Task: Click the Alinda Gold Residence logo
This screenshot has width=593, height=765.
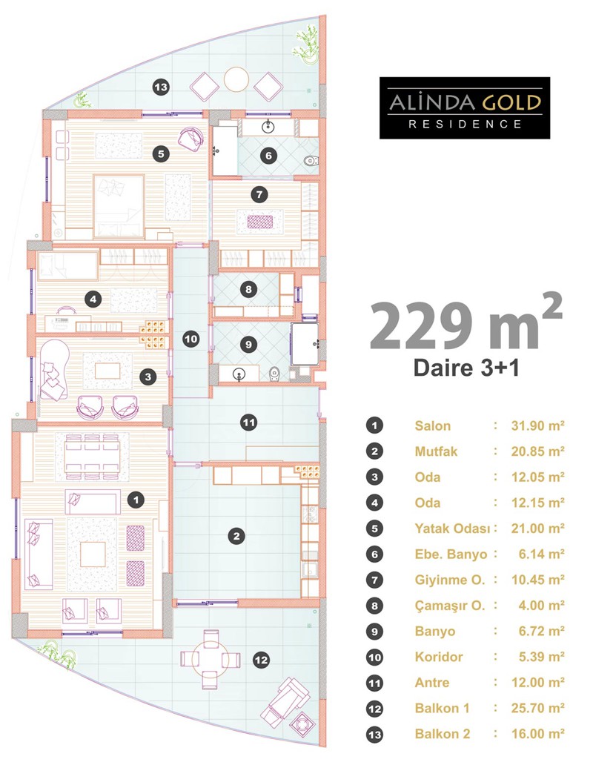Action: point(464,107)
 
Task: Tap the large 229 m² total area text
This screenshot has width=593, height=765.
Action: point(466,323)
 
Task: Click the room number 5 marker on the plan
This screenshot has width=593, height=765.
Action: point(161,154)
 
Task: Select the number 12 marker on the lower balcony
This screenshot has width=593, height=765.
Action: point(262,660)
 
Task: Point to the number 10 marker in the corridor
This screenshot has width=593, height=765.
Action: point(191,339)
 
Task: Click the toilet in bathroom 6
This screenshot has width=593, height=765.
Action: point(310,160)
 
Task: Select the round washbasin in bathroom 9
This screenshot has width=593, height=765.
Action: point(239,374)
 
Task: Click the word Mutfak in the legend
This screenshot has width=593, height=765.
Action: point(436,451)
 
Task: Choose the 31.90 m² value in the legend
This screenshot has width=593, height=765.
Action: point(537,425)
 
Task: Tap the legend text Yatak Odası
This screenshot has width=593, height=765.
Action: point(452,529)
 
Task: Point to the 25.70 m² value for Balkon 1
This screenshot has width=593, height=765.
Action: point(537,708)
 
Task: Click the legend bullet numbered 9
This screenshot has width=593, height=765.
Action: point(374,632)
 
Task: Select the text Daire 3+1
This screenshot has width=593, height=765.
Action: point(466,368)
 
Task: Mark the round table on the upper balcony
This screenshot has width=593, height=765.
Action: point(236,79)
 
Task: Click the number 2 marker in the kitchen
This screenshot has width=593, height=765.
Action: point(236,536)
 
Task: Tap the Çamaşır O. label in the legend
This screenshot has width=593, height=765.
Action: point(450,606)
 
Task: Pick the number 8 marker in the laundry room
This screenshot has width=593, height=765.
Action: point(249,289)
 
